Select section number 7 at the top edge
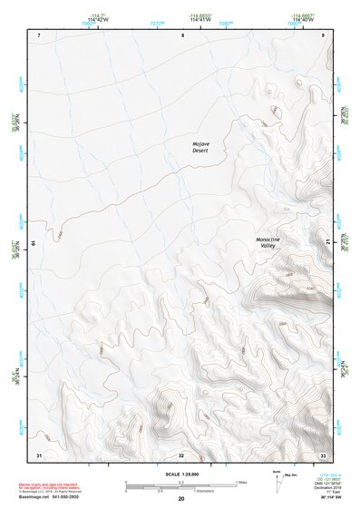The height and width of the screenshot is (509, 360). point(40,34)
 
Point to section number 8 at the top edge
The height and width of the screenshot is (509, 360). point(182,34)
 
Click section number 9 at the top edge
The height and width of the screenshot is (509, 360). point(323,34)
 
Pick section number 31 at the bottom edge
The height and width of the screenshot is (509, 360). point(38,454)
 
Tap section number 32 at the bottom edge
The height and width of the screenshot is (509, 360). point(181,455)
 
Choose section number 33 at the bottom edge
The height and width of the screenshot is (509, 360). point(322,454)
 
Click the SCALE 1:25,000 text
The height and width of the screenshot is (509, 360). point(180,475)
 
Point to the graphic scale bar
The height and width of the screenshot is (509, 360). point(180,485)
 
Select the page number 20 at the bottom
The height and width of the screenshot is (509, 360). point(181,499)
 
